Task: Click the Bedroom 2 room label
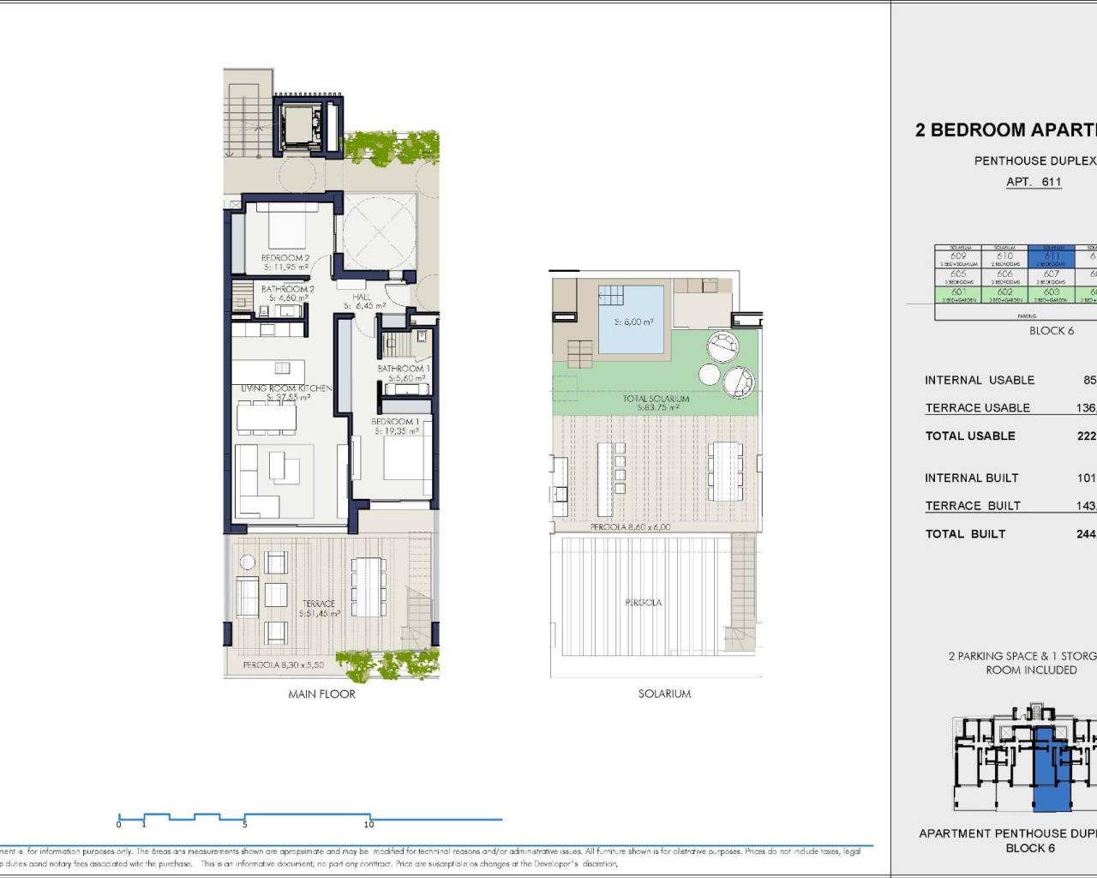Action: pos(285,258)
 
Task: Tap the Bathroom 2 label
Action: pos(287,290)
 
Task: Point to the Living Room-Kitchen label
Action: pos(285,388)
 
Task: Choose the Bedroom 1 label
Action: pos(395,423)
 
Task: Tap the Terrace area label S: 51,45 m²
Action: pos(319,614)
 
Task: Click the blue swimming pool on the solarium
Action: pos(631,321)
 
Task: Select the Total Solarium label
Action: pos(656,400)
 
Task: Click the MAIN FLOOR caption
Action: pos(321,694)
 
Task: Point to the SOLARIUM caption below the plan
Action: pos(664,694)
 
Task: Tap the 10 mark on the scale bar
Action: pos(369,825)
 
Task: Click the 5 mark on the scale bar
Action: pos(245,825)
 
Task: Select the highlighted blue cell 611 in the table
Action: pos(1051,256)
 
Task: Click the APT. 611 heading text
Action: pos(1034,182)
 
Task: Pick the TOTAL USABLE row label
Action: pos(970,436)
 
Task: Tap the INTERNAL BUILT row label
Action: pos(971,478)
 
